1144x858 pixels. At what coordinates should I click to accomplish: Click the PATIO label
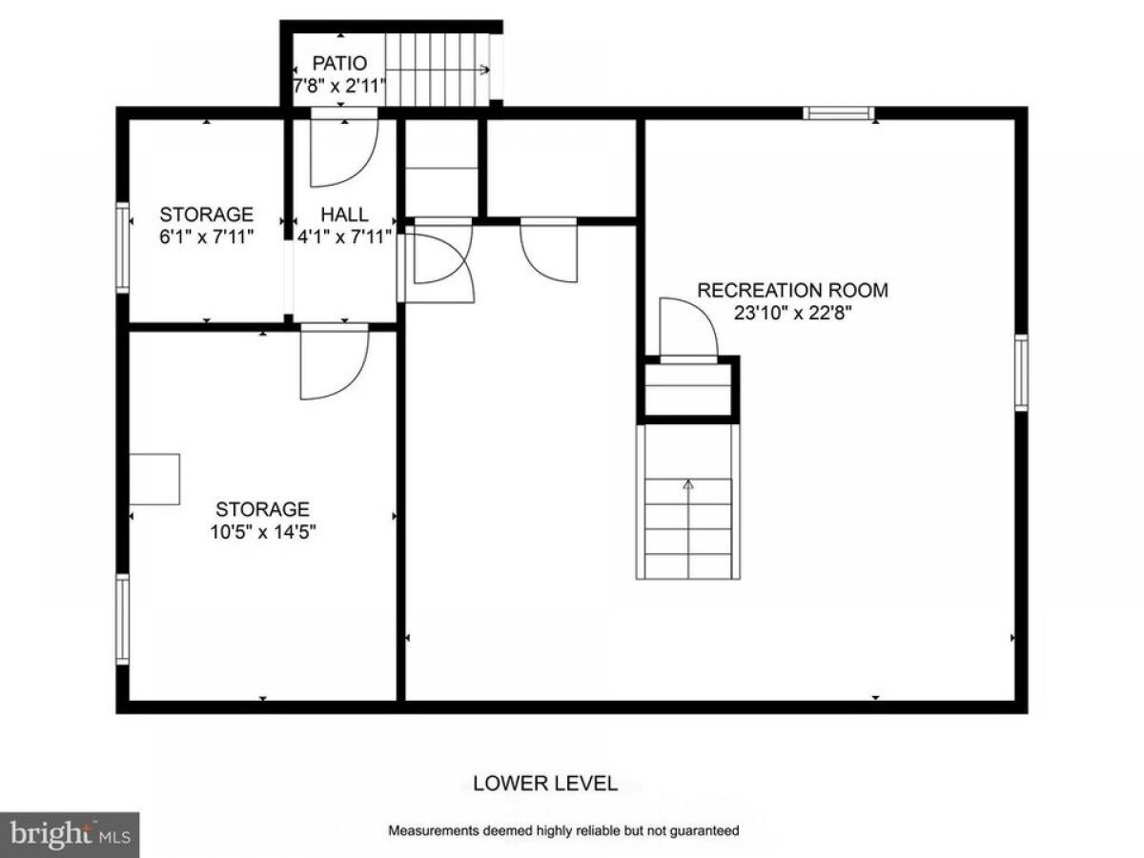(339, 63)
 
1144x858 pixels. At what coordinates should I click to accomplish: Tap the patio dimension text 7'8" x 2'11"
(339, 86)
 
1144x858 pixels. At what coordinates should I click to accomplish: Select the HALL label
(344, 214)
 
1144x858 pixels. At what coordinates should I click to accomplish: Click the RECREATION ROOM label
(792, 290)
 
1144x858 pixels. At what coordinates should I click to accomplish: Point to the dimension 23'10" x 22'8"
(793, 313)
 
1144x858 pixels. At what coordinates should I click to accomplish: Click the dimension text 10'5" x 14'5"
(263, 532)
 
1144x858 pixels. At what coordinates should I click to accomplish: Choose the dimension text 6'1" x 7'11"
(206, 236)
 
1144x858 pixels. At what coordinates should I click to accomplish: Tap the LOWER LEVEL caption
(545, 783)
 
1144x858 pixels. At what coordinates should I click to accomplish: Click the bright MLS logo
(70, 834)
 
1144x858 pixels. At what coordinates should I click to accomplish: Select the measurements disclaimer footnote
(563, 829)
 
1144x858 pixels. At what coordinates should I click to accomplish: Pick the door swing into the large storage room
(335, 363)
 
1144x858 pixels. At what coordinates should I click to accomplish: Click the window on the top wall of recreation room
(838, 113)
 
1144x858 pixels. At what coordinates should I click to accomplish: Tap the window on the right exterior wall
(1021, 373)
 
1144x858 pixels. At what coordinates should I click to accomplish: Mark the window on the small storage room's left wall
(122, 248)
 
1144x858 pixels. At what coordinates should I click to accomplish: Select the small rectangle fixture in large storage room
(154, 480)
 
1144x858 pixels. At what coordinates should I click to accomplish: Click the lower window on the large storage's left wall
(122, 620)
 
